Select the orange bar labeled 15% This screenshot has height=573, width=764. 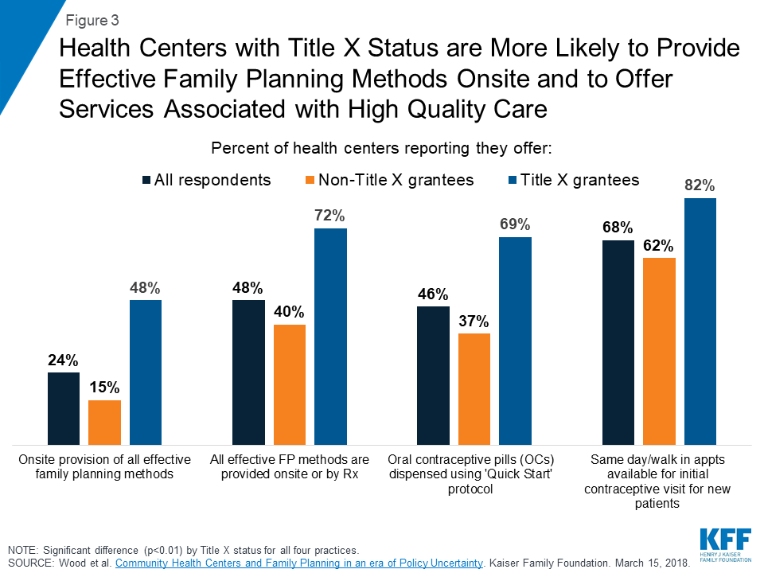click(x=104, y=422)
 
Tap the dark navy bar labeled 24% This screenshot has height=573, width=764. click(x=64, y=407)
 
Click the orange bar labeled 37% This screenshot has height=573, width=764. click(x=474, y=388)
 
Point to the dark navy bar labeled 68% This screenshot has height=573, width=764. click(x=618, y=342)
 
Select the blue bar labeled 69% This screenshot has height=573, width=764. click(x=515, y=340)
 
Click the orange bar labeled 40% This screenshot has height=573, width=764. click(x=289, y=384)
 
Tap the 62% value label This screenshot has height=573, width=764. click(x=659, y=245)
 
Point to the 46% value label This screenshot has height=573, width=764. click(x=434, y=294)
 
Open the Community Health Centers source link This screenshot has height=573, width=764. click(x=299, y=563)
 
